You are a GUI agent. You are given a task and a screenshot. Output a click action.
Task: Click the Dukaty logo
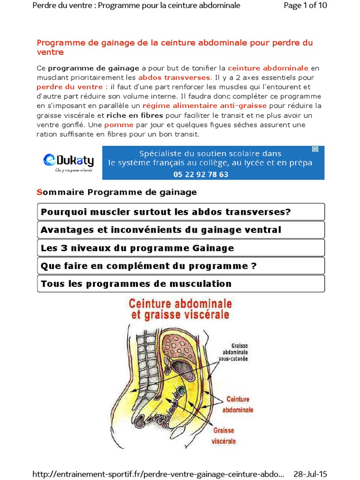(68, 162)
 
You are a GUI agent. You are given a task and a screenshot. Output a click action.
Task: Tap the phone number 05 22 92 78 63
(207, 174)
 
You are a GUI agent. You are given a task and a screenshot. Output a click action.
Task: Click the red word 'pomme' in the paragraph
(119, 125)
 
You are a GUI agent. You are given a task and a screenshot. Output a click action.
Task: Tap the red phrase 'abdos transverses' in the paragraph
(174, 77)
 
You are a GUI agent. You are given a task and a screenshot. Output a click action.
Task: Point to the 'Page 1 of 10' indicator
(306, 6)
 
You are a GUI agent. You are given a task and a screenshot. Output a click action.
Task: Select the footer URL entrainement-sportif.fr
(158, 474)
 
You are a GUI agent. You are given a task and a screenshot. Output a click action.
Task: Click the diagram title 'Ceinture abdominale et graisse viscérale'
(180, 309)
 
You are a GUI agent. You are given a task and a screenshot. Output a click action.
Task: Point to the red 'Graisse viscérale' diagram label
(224, 435)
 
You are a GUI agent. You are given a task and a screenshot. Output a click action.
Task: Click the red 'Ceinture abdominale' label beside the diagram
(240, 404)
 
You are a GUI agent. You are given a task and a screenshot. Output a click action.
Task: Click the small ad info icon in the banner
(315, 149)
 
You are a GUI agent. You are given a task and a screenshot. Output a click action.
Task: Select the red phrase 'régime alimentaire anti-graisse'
(218, 105)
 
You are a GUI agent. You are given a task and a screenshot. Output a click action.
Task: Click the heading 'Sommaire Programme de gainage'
(117, 192)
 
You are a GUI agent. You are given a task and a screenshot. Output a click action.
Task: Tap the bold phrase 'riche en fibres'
(135, 115)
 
